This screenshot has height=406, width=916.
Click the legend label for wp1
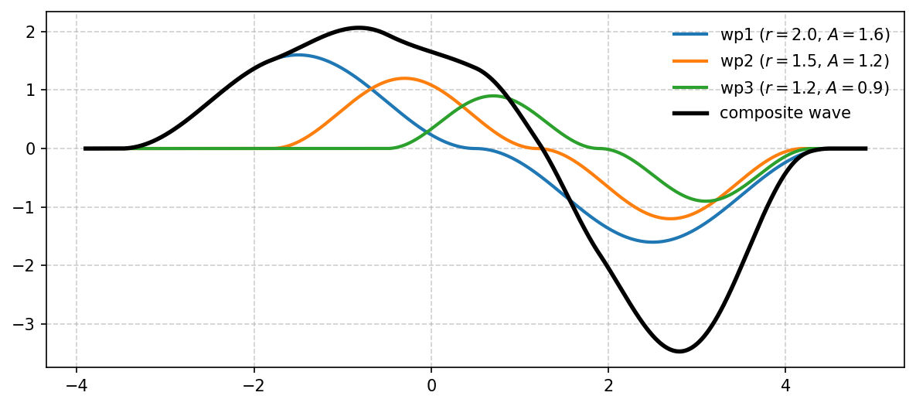coord(804,35)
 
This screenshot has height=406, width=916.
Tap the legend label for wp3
coord(804,87)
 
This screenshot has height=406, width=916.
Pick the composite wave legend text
coord(785,114)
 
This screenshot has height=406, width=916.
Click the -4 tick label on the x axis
coord(76,384)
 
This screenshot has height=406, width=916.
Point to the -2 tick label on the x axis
coord(254,384)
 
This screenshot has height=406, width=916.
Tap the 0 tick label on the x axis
coord(431,384)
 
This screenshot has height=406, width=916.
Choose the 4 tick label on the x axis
coord(785,384)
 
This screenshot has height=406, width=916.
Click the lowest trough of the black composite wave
coord(679,351)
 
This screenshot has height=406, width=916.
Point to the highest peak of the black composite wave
coord(359,28)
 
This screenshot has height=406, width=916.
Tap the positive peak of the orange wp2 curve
coord(404,78)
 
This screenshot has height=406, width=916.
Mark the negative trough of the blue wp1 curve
coord(653,242)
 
